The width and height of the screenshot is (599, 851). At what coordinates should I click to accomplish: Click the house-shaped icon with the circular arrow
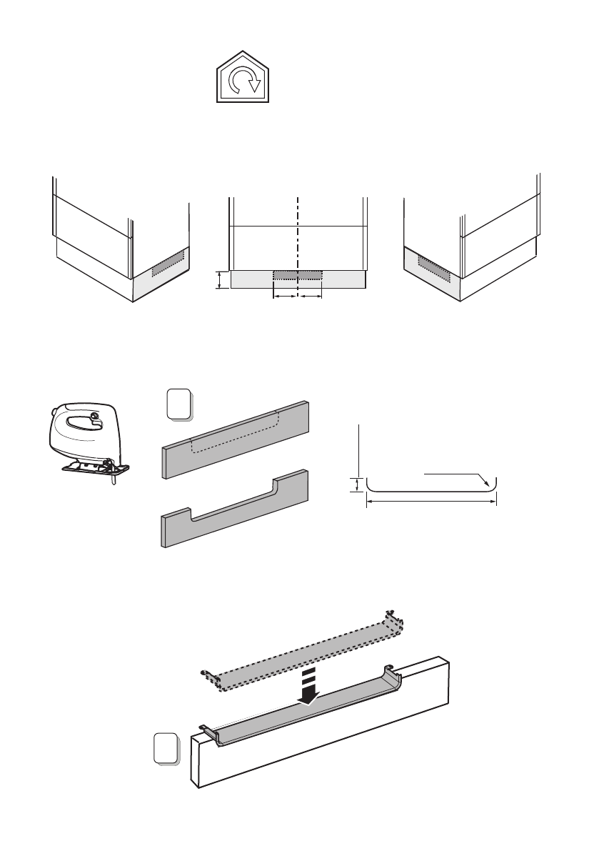(244, 79)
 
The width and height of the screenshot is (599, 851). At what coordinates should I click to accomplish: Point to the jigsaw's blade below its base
(113, 481)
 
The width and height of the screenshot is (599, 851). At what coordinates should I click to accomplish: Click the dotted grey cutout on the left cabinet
(168, 262)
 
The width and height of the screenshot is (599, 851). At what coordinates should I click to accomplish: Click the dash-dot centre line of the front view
(297, 229)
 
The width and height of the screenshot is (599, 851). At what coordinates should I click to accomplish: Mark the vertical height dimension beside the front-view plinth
(220, 280)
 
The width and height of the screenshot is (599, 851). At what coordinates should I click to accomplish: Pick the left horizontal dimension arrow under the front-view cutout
(286, 295)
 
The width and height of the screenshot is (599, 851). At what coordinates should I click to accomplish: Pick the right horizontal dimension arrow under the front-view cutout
(310, 295)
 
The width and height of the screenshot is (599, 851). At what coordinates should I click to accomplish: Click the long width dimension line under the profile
(431, 502)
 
